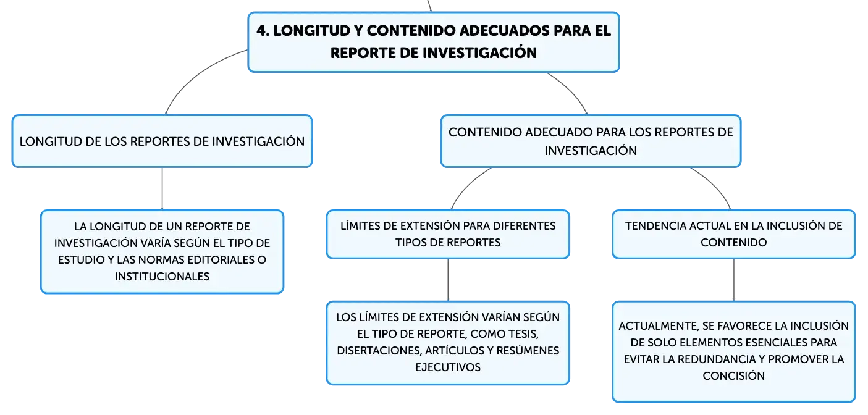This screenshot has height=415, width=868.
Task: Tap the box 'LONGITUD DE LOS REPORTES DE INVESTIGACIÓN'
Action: point(162,141)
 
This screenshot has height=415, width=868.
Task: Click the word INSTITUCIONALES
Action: point(162,276)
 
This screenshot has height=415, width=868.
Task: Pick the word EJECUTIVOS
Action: point(448,367)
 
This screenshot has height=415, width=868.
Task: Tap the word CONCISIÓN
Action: point(733,375)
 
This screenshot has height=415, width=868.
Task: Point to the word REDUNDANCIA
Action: point(717,359)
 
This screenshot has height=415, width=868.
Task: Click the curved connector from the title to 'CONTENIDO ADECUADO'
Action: point(571,90)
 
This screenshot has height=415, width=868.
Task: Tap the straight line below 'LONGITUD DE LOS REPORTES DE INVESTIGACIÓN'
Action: point(162,189)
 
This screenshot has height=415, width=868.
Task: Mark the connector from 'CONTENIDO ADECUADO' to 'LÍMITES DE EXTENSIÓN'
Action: point(467,185)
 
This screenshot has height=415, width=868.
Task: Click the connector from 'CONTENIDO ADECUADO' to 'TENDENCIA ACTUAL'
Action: point(715,185)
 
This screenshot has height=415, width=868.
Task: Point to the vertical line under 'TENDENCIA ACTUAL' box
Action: point(733,280)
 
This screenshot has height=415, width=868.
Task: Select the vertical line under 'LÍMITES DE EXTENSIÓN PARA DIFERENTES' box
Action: point(448,280)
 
